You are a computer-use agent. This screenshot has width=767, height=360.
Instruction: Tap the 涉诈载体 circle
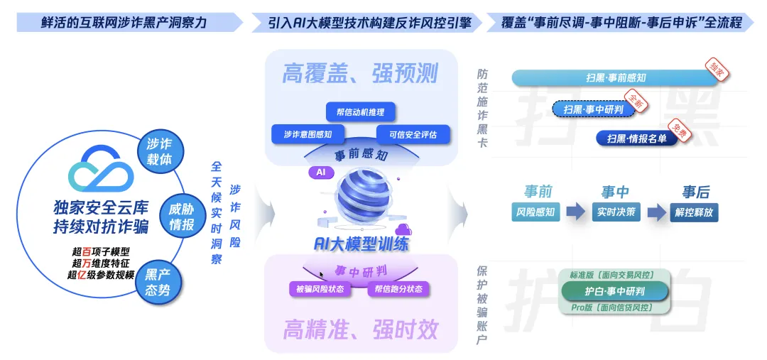159,151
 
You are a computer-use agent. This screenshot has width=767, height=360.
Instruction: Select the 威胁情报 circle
183,217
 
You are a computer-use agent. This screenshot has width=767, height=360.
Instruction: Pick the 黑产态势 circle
158,283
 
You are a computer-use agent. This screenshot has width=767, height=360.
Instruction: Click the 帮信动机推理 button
360,112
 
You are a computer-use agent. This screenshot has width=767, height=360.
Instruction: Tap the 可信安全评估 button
408,133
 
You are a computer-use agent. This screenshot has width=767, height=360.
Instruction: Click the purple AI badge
320,172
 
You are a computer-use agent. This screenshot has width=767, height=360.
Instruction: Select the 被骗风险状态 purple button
319,289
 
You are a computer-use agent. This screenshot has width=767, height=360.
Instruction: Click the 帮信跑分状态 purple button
398,289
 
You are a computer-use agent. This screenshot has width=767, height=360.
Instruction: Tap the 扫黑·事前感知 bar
616,78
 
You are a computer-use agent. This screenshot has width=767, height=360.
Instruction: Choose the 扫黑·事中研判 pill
593,109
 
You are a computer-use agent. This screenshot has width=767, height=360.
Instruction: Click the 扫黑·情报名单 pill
636,138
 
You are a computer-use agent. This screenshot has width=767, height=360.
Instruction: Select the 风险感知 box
537,212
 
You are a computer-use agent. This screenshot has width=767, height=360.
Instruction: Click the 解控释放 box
694,212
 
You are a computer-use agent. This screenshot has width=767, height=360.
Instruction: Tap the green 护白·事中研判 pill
615,291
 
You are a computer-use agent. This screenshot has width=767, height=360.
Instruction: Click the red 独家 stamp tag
717,68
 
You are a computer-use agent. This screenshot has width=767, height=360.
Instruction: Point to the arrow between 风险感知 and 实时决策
577,212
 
